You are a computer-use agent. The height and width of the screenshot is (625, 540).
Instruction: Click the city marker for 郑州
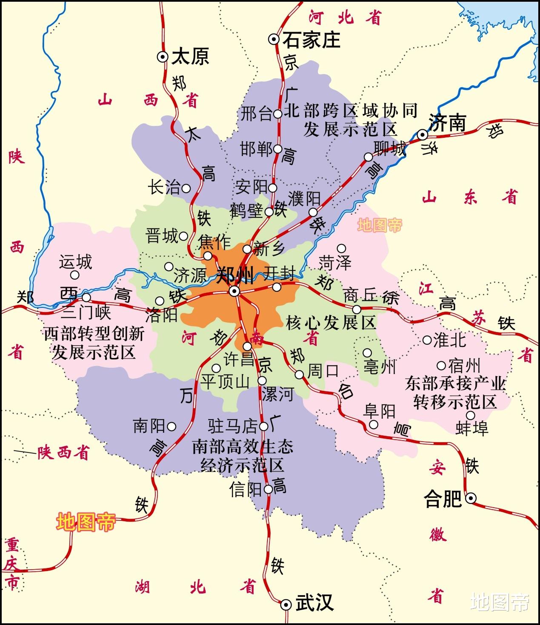pos(234,291)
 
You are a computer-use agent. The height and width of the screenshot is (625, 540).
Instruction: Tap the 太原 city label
pos(190,57)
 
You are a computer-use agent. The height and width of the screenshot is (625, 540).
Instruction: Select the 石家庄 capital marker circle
pos(274,40)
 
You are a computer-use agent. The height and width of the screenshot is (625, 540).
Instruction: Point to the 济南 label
pos(447,123)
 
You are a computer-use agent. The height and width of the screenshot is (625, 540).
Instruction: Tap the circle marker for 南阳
pos(171,426)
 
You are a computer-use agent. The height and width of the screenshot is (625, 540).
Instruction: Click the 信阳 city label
pos(245,489)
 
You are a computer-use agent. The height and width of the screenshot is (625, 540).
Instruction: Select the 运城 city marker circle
pos(74,275)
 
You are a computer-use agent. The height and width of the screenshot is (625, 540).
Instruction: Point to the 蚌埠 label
pos(471,428)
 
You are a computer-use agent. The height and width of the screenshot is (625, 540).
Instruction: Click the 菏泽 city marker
pos(341,248)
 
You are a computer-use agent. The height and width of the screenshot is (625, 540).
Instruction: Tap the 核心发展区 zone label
pos(331,323)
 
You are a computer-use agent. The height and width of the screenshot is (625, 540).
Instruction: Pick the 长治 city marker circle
pos(186,187)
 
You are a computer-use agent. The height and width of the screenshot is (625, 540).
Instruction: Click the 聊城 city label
pos(390,148)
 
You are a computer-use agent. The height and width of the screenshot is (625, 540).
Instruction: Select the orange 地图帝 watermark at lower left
pos(86,521)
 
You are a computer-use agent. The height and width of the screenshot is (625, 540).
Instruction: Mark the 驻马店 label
pos(233,426)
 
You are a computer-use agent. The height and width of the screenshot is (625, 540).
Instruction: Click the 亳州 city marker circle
pos(367,352)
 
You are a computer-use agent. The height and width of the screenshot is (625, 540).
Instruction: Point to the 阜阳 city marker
pos(373,424)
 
